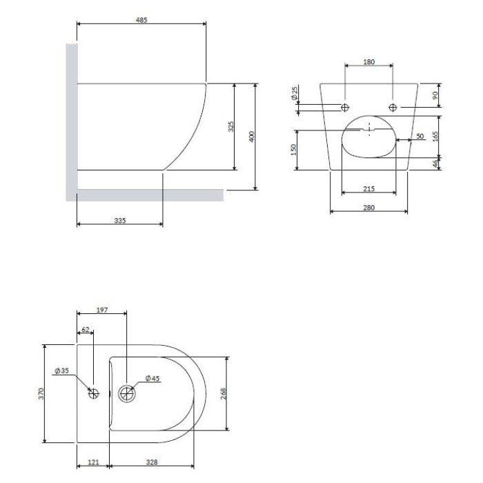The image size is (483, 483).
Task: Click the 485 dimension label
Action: [x=141, y=20]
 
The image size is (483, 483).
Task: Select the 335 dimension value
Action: [x=120, y=221]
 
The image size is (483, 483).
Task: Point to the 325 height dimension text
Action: [x=231, y=126]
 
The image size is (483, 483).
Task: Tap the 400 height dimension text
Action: [x=252, y=137]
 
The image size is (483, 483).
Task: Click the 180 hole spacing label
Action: [x=369, y=62]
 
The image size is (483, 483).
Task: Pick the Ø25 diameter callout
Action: [x=295, y=93]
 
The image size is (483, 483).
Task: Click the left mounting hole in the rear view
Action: [x=345, y=108]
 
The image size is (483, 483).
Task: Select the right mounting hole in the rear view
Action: [x=393, y=108]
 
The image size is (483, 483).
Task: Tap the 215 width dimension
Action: [x=369, y=188]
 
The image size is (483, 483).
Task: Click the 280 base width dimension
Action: [x=369, y=208]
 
